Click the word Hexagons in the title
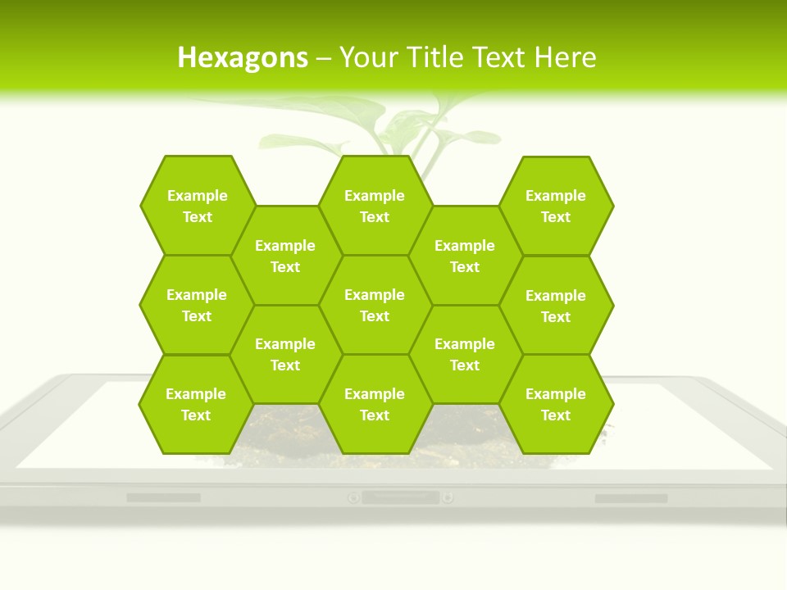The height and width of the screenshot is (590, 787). tap(243, 57)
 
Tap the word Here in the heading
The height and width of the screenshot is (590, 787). tap(565, 57)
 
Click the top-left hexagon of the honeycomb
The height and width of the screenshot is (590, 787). tap(197, 206)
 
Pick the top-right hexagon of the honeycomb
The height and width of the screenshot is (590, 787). tap(556, 206)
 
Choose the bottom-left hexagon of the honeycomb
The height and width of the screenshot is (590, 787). tap(196, 404)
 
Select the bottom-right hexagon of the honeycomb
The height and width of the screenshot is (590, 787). tap(556, 404)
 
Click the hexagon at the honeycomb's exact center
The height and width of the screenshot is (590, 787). tap(375, 305)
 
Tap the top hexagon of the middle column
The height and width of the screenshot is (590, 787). tap(375, 206)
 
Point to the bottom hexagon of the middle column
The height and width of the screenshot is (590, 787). tap(375, 404)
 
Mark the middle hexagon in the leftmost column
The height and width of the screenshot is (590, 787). tap(197, 305)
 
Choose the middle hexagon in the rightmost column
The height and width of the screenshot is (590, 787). tap(556, 306)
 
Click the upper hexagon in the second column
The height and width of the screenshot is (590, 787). tap(285, 256)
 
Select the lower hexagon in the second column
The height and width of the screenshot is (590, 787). tap(285, 354)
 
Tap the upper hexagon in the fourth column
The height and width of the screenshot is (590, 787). tap(465, 256)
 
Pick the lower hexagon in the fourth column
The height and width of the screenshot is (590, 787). tap(465, 354)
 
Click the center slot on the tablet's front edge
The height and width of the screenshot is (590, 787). tap(400, 497)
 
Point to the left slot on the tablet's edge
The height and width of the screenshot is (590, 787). tap(163, 497)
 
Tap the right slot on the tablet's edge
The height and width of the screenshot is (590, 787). tap(630, 498)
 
